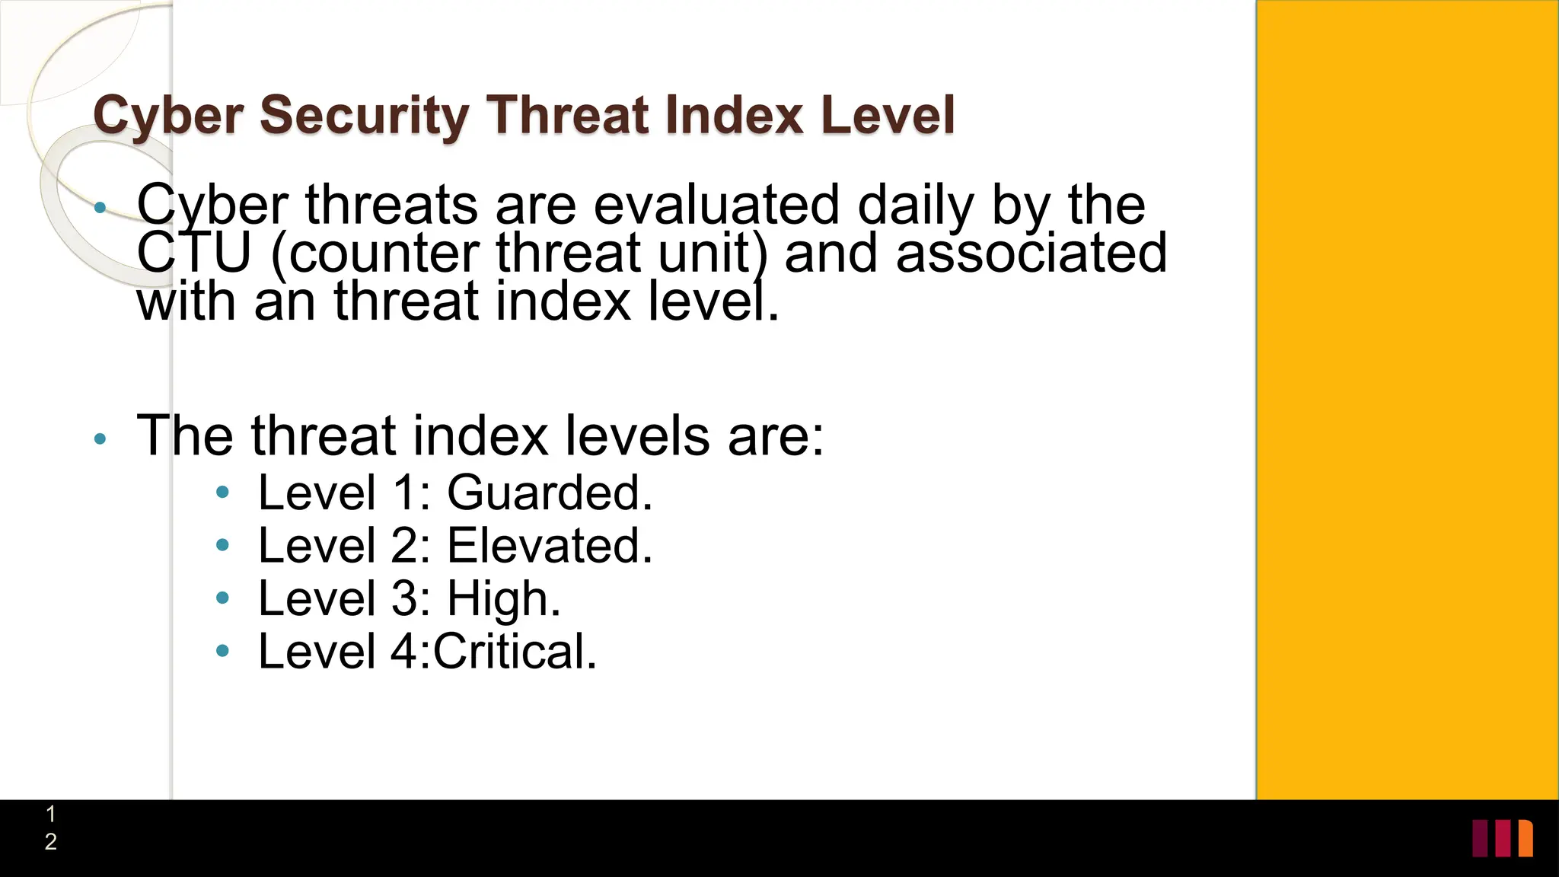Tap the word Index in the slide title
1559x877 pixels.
tap(733, 116)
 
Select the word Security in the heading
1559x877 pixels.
tap(365, 116)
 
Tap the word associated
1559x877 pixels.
tap(1031, 254)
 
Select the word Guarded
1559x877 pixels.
tap(549, 493)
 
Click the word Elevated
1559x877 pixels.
tap(549, 546)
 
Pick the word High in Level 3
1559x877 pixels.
tap(503, 599)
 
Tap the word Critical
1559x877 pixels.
tap(515, 652)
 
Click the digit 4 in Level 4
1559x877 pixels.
tap(403, 652)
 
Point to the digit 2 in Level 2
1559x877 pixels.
tap(403, 546)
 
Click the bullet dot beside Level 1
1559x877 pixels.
tap(222, 493)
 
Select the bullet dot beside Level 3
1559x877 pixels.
tap(222, 598)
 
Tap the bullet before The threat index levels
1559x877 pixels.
tap(100, 438)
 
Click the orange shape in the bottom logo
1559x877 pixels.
tap(1526, 838)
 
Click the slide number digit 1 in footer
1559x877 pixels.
tap(50, 815)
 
